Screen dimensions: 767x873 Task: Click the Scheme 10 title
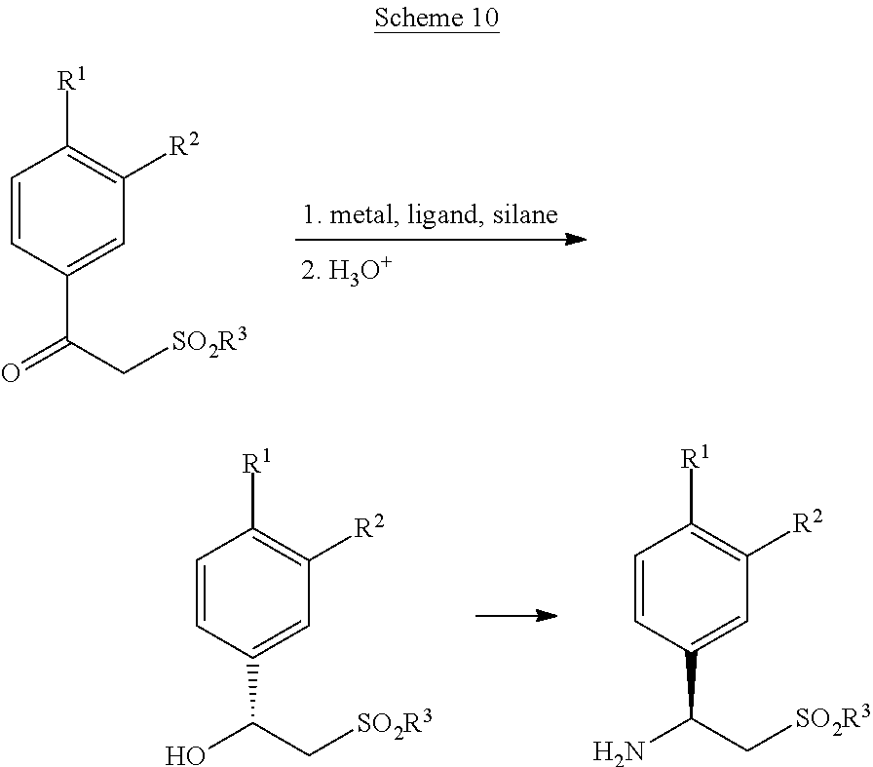tap(436, 19)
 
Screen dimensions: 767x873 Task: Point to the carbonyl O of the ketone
tap(11, 373)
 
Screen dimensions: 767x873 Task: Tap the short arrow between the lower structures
tap(515, 616)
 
